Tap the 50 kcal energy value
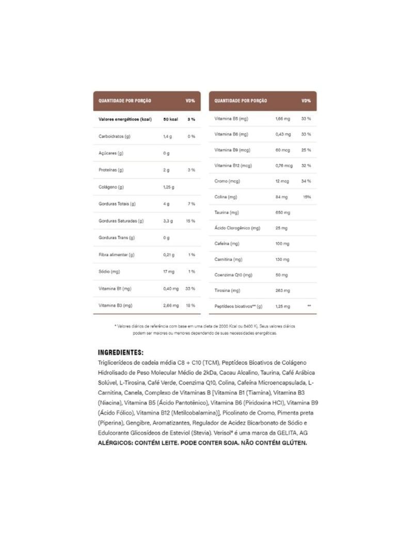[x=170, y=119]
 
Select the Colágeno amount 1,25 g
[x=169, y=187]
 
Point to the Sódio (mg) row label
[x=109, y=271]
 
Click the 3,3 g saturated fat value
[x=168, y=221]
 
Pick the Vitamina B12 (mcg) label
[x=233, y=165]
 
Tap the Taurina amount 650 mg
[x=282, y=212]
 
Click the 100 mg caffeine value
[x=282, y=243]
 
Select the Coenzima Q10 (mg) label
[x=233, y=275]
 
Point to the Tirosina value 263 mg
[x=282, y=290]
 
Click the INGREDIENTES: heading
[x=120, y=353]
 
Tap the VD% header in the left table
[x=190, y=101]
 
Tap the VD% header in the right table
[x=306, y=101]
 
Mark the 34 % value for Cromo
[x=306, y=181]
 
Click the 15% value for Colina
[x=307, y=197]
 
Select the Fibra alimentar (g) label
[x=117, y=255]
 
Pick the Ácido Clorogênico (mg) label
[x=237, y=228]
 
